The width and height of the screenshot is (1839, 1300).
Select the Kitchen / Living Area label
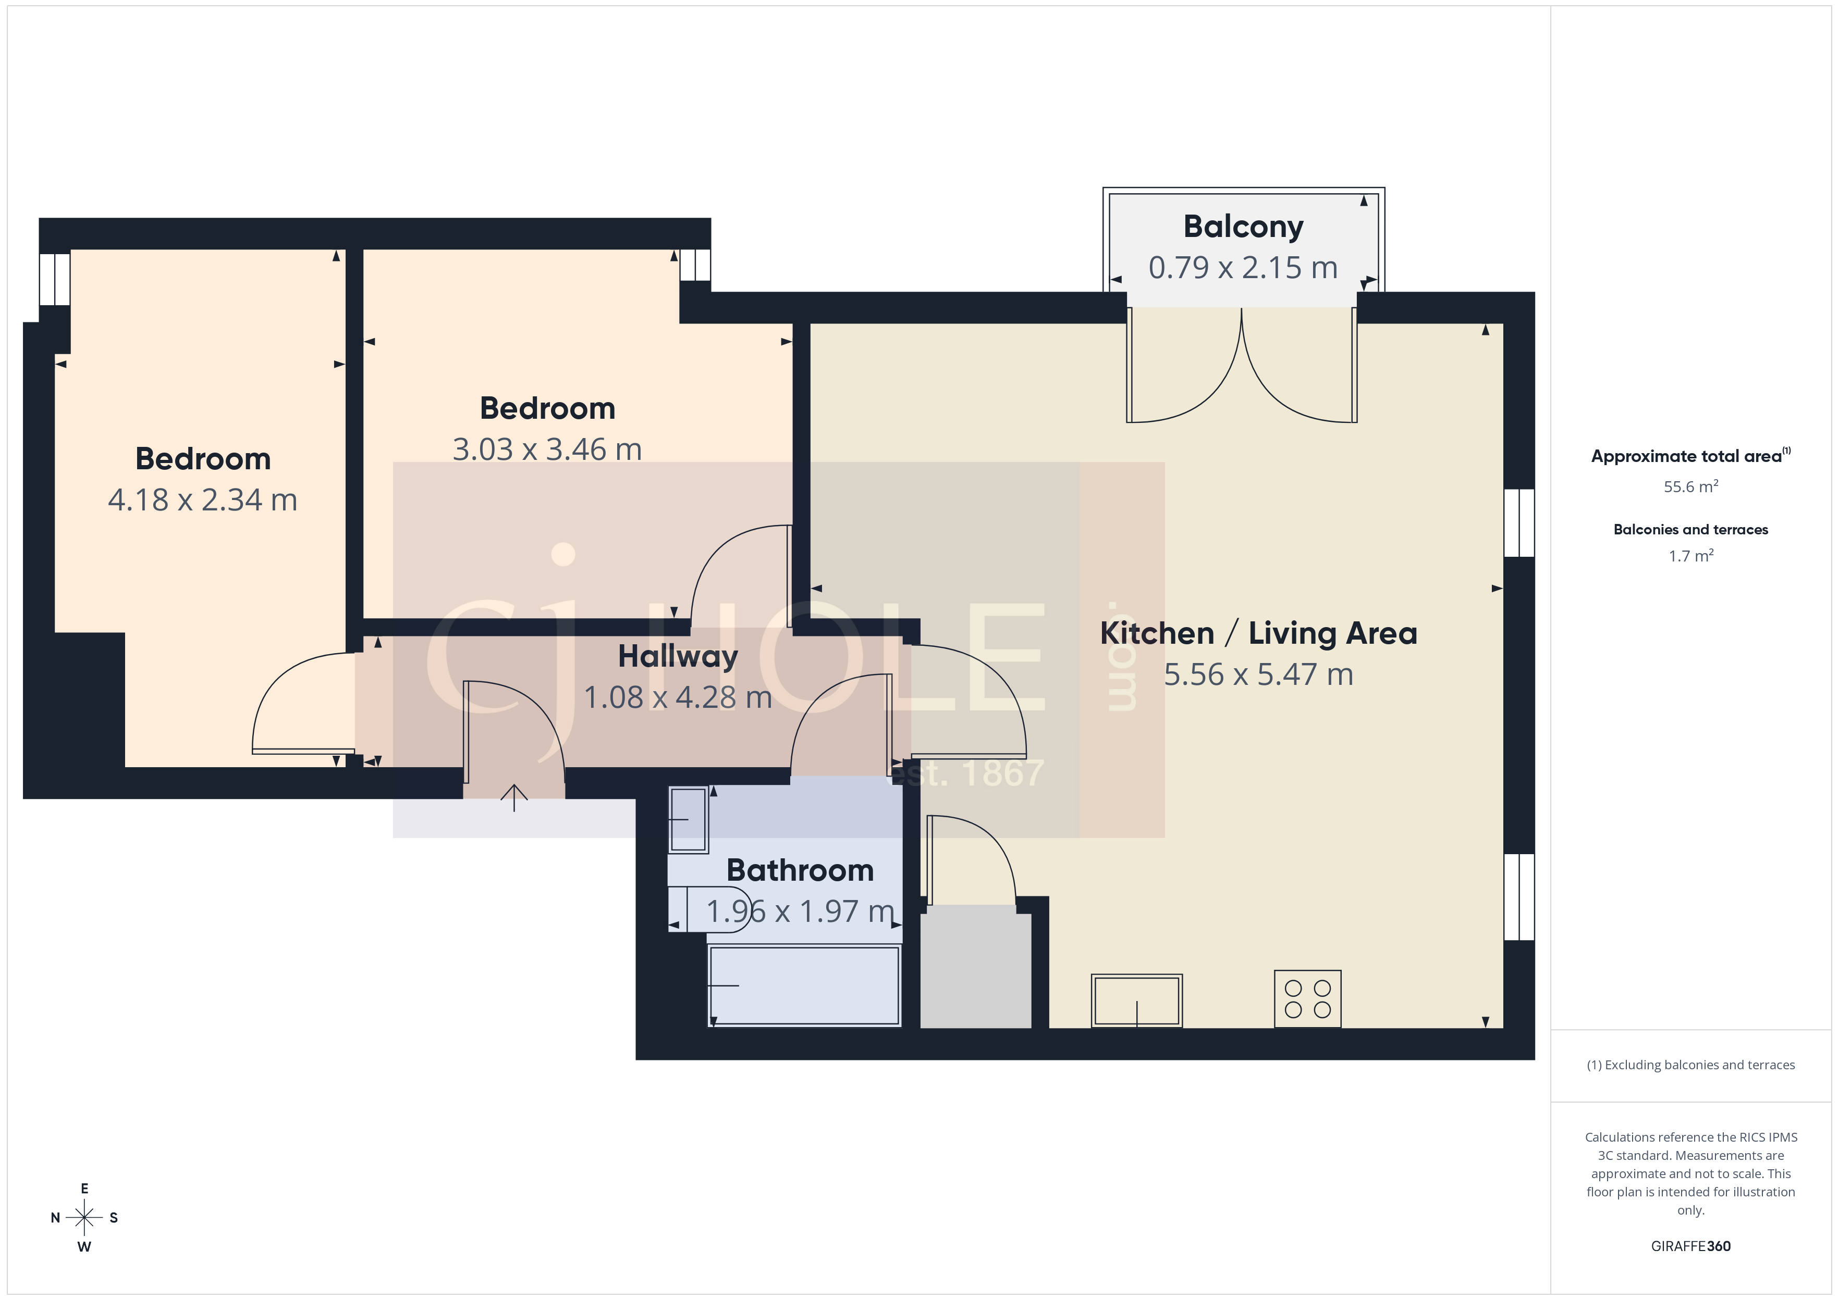[1257, 633]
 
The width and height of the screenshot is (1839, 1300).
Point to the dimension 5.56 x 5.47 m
[1257, 675]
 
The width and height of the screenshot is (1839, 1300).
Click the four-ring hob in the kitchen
[1307, 999]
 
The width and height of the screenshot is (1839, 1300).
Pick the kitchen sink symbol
[1136, 1000]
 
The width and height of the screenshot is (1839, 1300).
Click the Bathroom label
[800, 870]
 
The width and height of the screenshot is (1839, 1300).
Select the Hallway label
[678, 656]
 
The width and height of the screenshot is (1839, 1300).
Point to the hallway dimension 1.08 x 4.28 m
[678, 697]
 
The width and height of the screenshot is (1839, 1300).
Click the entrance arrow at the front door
[514, 796]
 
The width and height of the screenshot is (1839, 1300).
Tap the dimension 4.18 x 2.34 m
[203, 501]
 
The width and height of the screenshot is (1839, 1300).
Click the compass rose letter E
[84, 1189]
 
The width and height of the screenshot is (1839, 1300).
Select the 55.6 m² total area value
[1690, 486]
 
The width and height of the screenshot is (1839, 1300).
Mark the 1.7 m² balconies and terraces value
[1690, 556]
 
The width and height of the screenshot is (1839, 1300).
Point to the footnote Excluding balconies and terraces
[1690, 1065]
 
